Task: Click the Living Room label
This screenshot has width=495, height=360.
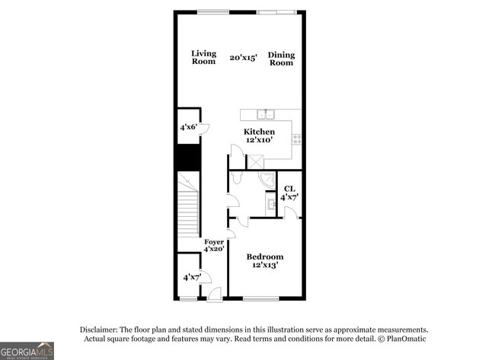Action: (x=203, y=57)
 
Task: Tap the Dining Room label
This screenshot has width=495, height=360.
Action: (x=281, y=59)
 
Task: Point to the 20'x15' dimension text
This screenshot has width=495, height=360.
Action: (x=244, y=57)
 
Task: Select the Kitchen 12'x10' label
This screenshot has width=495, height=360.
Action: (x=259, y=135)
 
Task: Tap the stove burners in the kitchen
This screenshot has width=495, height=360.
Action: (x=296, y=139)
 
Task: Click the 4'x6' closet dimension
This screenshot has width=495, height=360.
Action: (x=189, y=127)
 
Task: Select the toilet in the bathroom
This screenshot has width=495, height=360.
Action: (x=237, y=178)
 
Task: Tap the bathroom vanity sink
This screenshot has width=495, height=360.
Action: (x=271, y=204)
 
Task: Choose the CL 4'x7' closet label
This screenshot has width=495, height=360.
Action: (x=289, y=193)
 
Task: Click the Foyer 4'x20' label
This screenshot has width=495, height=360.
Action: (x=214, y=245)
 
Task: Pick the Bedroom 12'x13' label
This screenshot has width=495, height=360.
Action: (x=265, y=260)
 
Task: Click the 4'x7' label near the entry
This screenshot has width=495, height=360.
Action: (x=191, y=278)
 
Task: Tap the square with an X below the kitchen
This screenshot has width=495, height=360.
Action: (x=256, y=161)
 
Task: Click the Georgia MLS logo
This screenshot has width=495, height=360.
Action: (x=27, y=350)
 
